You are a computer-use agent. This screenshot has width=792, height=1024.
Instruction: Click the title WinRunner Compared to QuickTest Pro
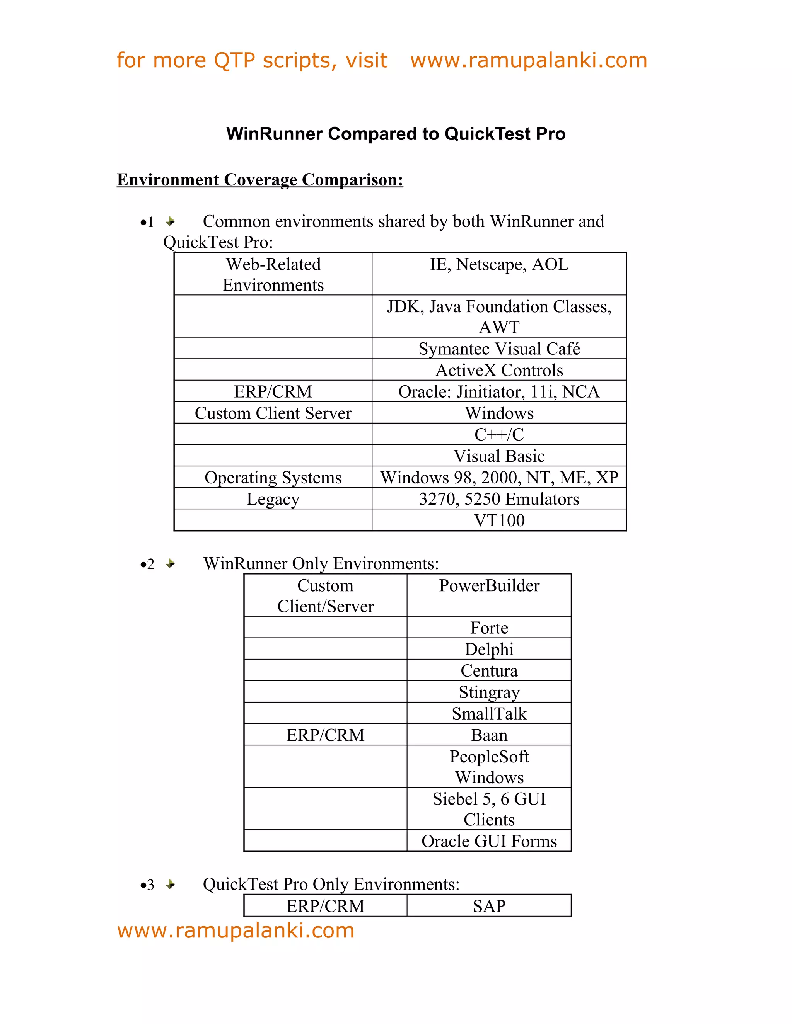(x=396, y=134)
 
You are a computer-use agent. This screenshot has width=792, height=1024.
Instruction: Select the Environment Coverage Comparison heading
(x=260, y=180)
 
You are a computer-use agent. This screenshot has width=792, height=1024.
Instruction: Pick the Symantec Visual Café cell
(x=499, y=349)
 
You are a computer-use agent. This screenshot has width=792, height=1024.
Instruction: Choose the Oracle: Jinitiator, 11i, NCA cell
(x=499, y=391)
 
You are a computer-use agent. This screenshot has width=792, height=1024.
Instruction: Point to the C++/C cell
(x=499, y=434)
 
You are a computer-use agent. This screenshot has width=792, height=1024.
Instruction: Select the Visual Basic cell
(x=499, y=456)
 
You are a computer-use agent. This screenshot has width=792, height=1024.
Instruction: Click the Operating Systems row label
(x=273, y=477)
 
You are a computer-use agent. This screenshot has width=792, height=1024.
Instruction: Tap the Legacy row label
(x=273, y=499)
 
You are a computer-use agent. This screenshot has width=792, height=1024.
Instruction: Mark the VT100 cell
(x=499, y=520)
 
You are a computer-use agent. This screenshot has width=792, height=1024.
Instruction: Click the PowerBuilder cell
(x=489, y=585)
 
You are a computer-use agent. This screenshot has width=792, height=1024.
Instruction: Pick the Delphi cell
(x=489, y=650)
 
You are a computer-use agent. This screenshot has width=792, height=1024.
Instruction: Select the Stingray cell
(x=489, y=692)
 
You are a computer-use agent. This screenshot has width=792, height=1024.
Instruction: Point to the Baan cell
(x=489, y=735)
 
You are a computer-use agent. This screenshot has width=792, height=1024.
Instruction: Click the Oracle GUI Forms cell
(x=489, y=841)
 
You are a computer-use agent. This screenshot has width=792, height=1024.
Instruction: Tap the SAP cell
(x=489, y=906)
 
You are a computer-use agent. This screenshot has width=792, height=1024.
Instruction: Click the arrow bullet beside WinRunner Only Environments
(x=170, y=563)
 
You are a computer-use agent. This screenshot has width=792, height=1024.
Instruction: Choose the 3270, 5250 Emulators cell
(x=499, y=499)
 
